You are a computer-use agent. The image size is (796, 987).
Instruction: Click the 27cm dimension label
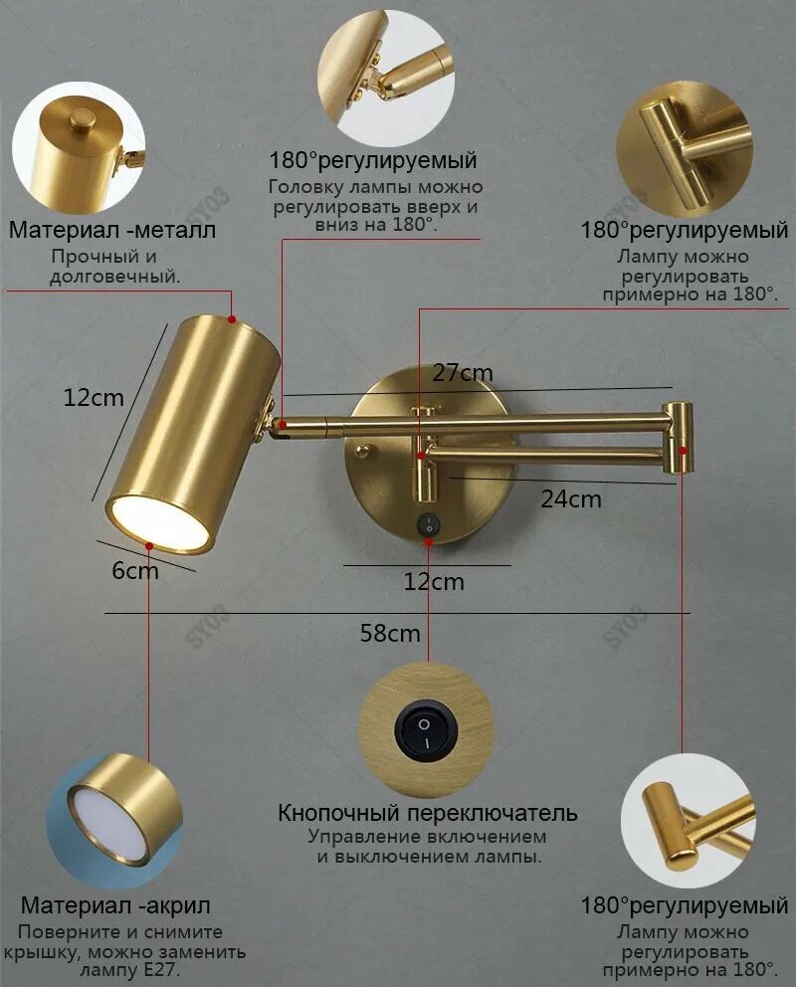click(x=463, y=373)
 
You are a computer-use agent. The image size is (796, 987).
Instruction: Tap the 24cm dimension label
click(x=571, y=499)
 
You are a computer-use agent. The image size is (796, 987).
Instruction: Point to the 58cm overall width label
click(x=390, y=633)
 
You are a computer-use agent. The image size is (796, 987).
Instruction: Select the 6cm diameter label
click(x=135, y=570)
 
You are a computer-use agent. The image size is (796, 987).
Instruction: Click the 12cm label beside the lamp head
click(x=94, y=398)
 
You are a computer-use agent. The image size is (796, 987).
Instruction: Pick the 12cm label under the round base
click(x=434, y=582)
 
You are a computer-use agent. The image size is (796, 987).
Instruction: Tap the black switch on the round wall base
click(x=429, y=524)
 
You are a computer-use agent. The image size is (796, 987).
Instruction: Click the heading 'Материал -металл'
click(x=112, y=230)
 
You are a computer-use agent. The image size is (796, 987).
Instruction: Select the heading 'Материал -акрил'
click(x=115, y=905)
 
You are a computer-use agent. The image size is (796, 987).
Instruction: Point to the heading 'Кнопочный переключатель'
click(x=428, y=813)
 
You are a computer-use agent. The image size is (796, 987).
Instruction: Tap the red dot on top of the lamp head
click(x=232, y=319)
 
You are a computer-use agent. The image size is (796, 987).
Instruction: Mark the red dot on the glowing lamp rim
click(x=149, y=546)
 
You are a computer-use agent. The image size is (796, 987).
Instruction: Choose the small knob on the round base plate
click(x=362, y=450)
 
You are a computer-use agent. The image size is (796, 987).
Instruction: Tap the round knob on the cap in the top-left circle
click(x=82, y=119)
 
